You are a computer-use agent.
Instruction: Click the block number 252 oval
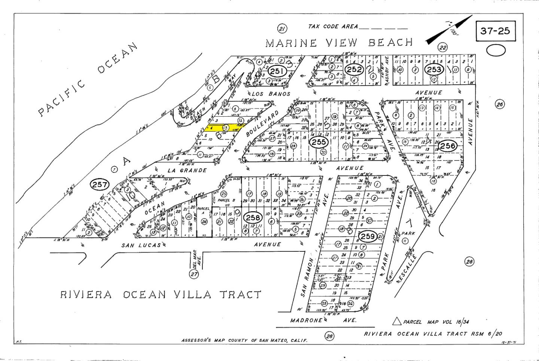[x=354, y=69]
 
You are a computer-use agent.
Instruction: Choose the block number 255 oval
[x=319, y=142]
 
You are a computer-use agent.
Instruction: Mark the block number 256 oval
[x=447, y=145]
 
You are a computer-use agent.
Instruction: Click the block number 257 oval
[x=100, y=184]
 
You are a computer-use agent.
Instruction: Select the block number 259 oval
[x=368, y=236]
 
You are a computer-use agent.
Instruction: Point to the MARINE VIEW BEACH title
[x=339, y=43]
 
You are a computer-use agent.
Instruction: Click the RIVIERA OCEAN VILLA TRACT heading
[x=161, y=295]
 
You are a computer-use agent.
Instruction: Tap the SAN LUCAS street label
[x=141, y=245]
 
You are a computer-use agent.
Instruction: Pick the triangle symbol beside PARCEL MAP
[x=397, y=321]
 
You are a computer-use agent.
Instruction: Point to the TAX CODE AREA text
[x=333, y=27]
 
